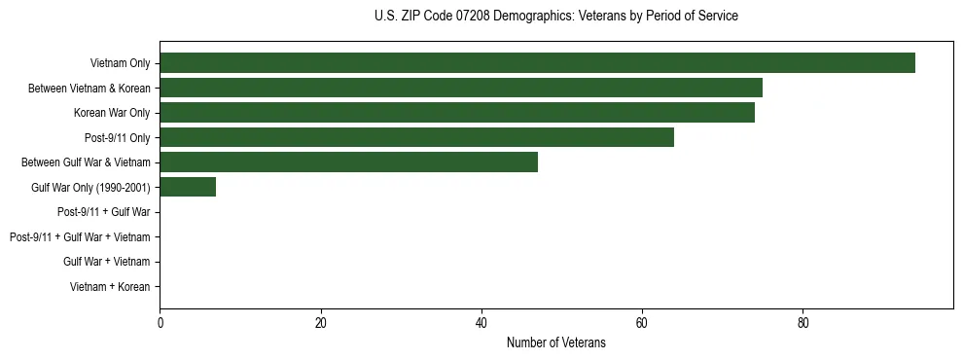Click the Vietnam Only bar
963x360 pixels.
pyautogui.click(x=537, y=63)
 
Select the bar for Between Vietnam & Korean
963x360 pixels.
pyautogui.click(x=460, y=89)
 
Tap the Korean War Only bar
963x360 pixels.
pyautogui.click(x=456, y=113)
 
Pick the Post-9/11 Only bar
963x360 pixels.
pyautogui.click(x=416, y=137)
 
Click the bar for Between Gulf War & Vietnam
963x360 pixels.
pyautogui.click(x=348, y=162)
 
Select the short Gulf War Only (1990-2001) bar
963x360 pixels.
pyautogui.click(x=188, y=187)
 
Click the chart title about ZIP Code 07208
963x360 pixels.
pyautogui.click(x=555, y=17)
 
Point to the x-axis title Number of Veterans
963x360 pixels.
pyautogui.click(x=555, y=342)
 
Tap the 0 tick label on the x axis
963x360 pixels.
pyautogui.click(x=160, y=322)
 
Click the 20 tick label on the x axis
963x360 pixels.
pyautogui.click(x=320, y=322)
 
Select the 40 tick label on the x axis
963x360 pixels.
pyautogui.click(x=481, y=322)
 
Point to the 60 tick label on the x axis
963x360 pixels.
pyautogui.click(x=642, y=322)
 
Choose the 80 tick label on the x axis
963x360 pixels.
pyautogui.click(x=802, y=322)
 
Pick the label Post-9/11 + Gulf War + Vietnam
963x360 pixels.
pyautogui.click(x=80, y=237)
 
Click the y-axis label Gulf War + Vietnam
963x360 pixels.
pyautogui.click(x=107, y=262)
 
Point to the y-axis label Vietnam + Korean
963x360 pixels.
pyautogui.click(x=110, y=287)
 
